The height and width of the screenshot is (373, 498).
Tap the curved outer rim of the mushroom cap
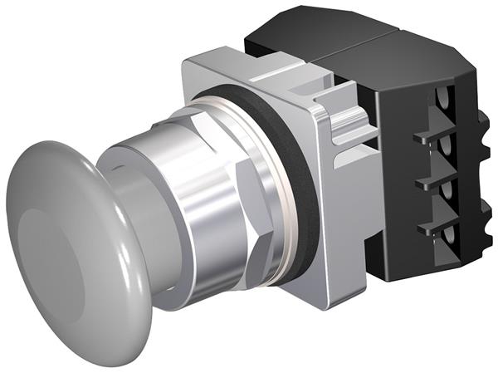tap(124, 274)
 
